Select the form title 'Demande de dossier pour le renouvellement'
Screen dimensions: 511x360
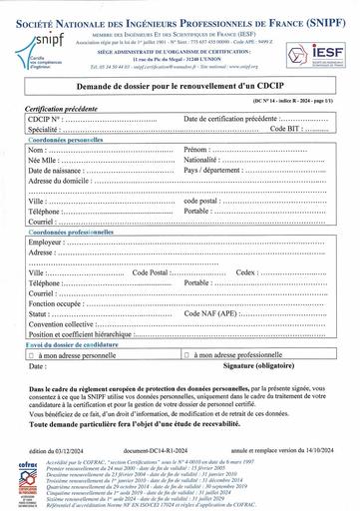pyautogui.click(x=180, y=92)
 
